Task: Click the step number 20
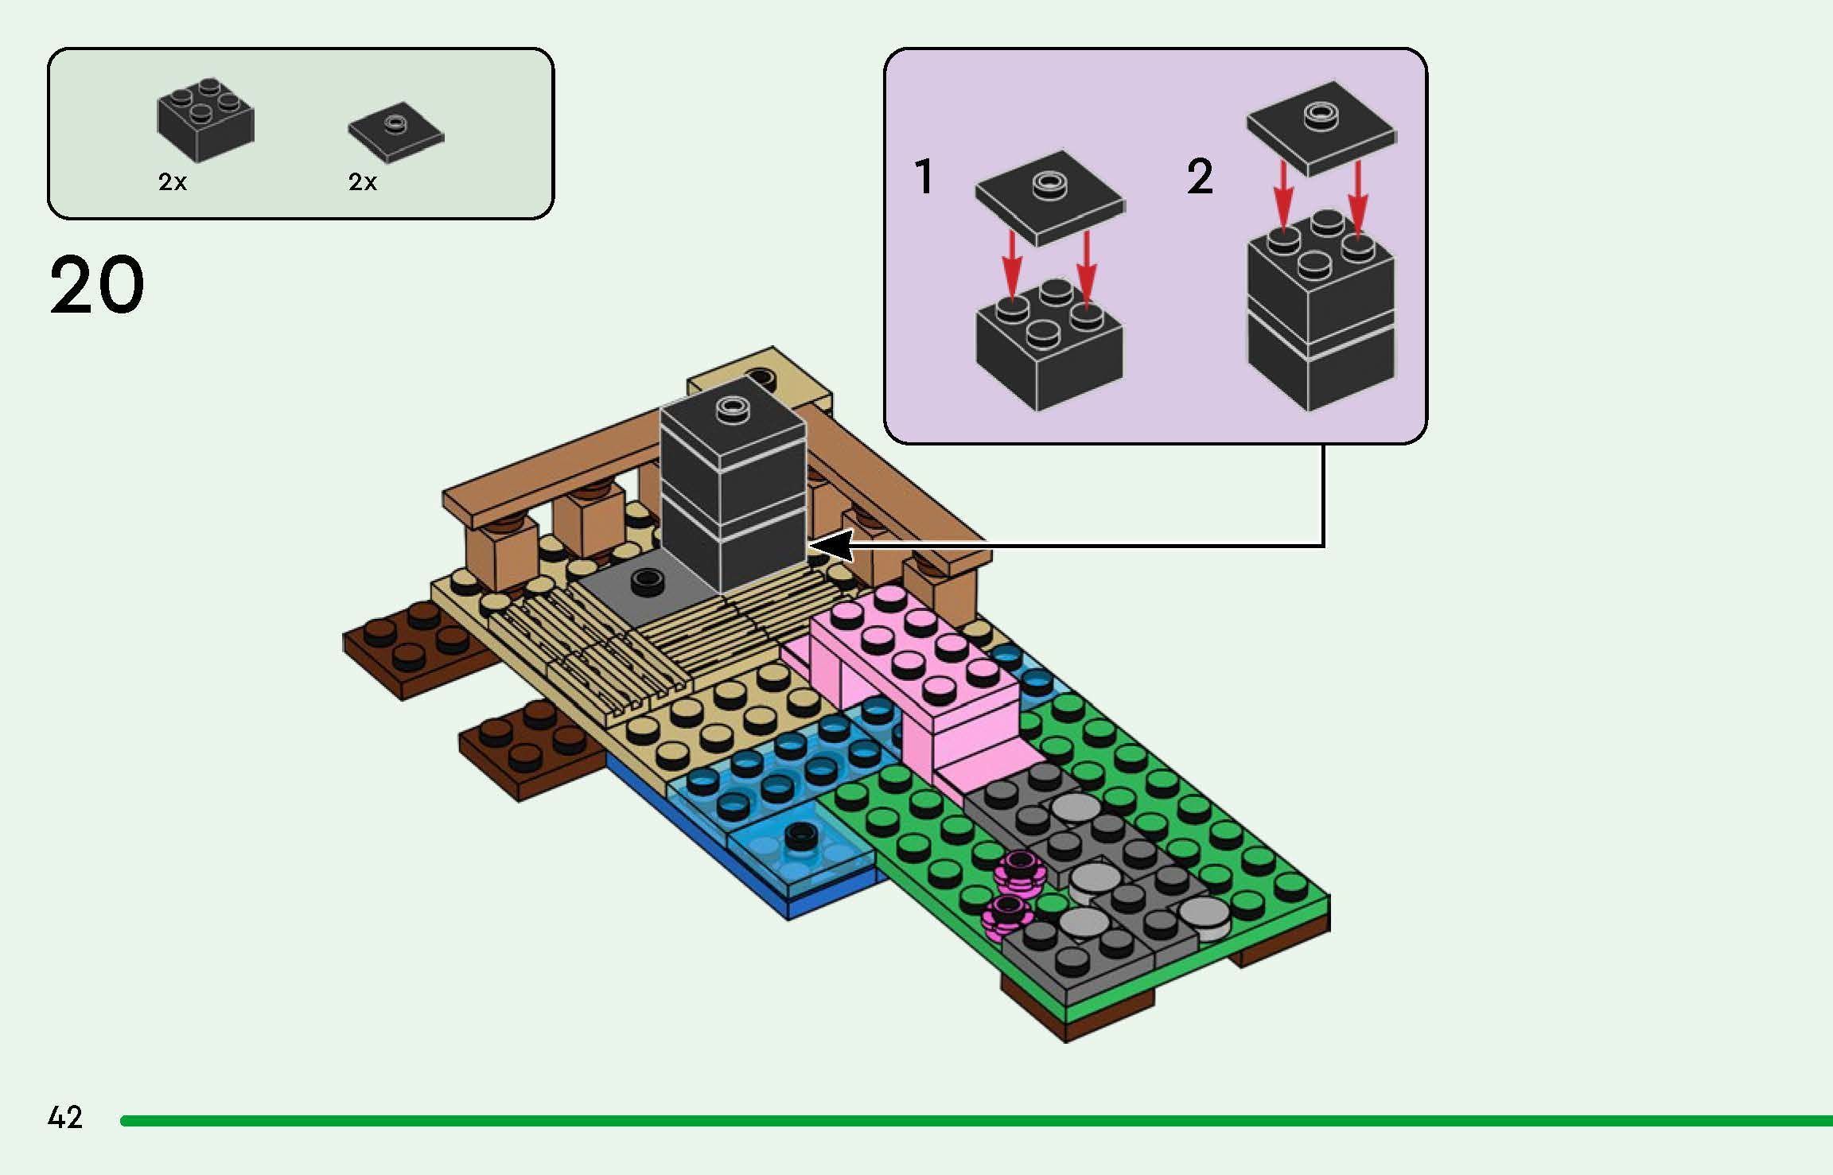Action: tap(97, 284)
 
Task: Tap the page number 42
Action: tap(65, 1118)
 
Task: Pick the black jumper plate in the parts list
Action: tap(395, 132)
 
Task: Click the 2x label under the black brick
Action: tap(173, 182)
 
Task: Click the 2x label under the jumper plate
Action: tap(363, 182)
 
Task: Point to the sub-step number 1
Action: tap(924, 176)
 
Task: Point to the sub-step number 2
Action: tap(1200, 176)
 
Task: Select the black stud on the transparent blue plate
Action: tap(803, 835)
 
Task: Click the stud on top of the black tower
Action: tap(731, 409)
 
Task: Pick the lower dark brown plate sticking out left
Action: tap(525, 748)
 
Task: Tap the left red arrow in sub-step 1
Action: tap(1011, 263)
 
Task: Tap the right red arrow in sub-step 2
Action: tap(1357, 195)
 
